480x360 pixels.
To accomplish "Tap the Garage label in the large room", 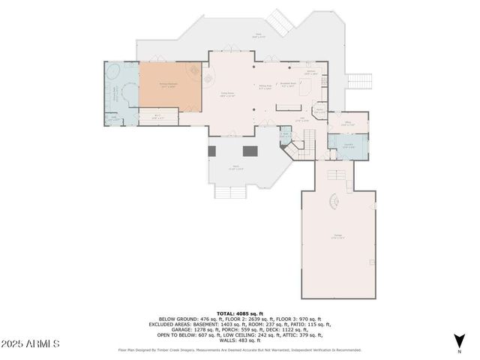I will point(338,238).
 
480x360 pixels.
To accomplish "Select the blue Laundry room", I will point(349,145).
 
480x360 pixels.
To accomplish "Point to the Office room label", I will point(349,124).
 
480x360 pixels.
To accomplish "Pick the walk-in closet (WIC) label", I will point(157,116).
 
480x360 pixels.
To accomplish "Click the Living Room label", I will point(228,95).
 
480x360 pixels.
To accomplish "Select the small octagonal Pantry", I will point(320,110).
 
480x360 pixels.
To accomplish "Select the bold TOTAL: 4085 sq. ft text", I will point(240,313).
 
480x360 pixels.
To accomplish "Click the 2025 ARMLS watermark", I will point(30,343).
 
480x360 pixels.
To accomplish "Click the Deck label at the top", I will point(258,35).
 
